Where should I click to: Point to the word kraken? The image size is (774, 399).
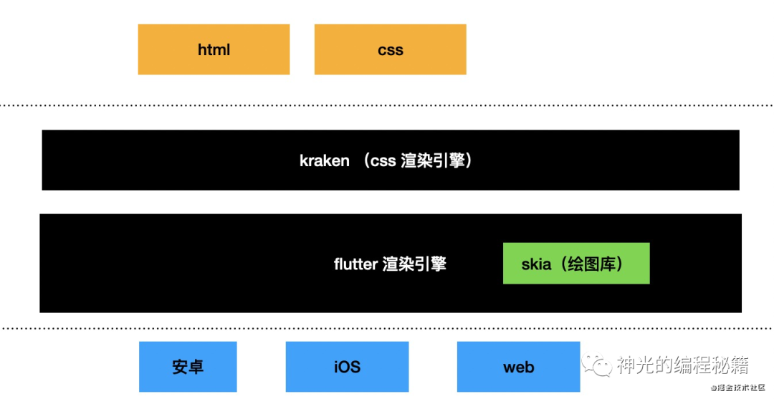coord(324,160)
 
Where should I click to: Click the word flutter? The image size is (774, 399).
coord(355,264)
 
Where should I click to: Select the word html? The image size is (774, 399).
coord(214,50)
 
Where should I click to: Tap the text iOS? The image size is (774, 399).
coord(347,367)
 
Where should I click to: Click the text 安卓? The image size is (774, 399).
coord(188,367)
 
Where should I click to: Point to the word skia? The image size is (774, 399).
coord(536,264)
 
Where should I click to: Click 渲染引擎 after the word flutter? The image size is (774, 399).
coord(414,264)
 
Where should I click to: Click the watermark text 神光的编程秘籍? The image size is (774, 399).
coord(683,366)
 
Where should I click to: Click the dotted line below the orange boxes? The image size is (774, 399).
coord(387,105)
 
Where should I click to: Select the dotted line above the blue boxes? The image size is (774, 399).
coord(387,329)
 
